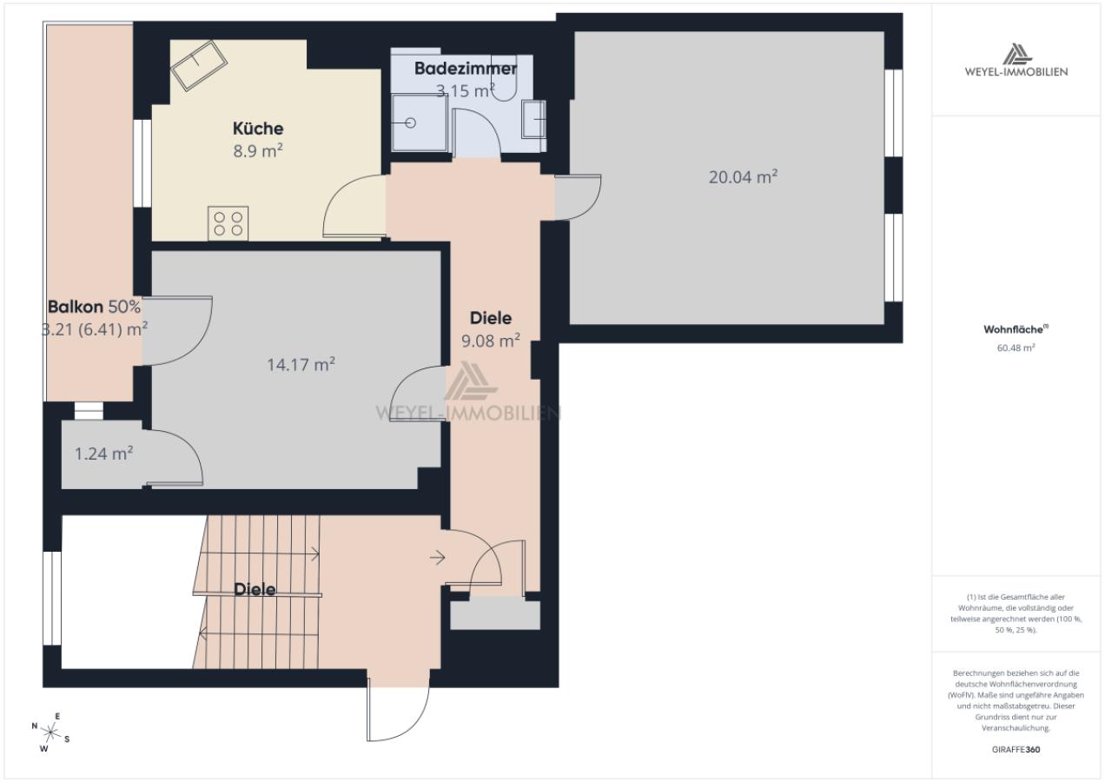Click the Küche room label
[x=258, y=129]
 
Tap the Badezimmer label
[x=465, y=69]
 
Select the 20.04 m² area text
[x=743, y=177]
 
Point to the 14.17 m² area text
[x=301, y=365]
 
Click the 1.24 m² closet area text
[x=103, y=454]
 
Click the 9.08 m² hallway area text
[x=491, y=341]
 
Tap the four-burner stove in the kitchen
[x=228, y=223]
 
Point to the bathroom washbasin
[x=533, y=118]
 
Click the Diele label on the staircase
[x=255, y=589]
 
